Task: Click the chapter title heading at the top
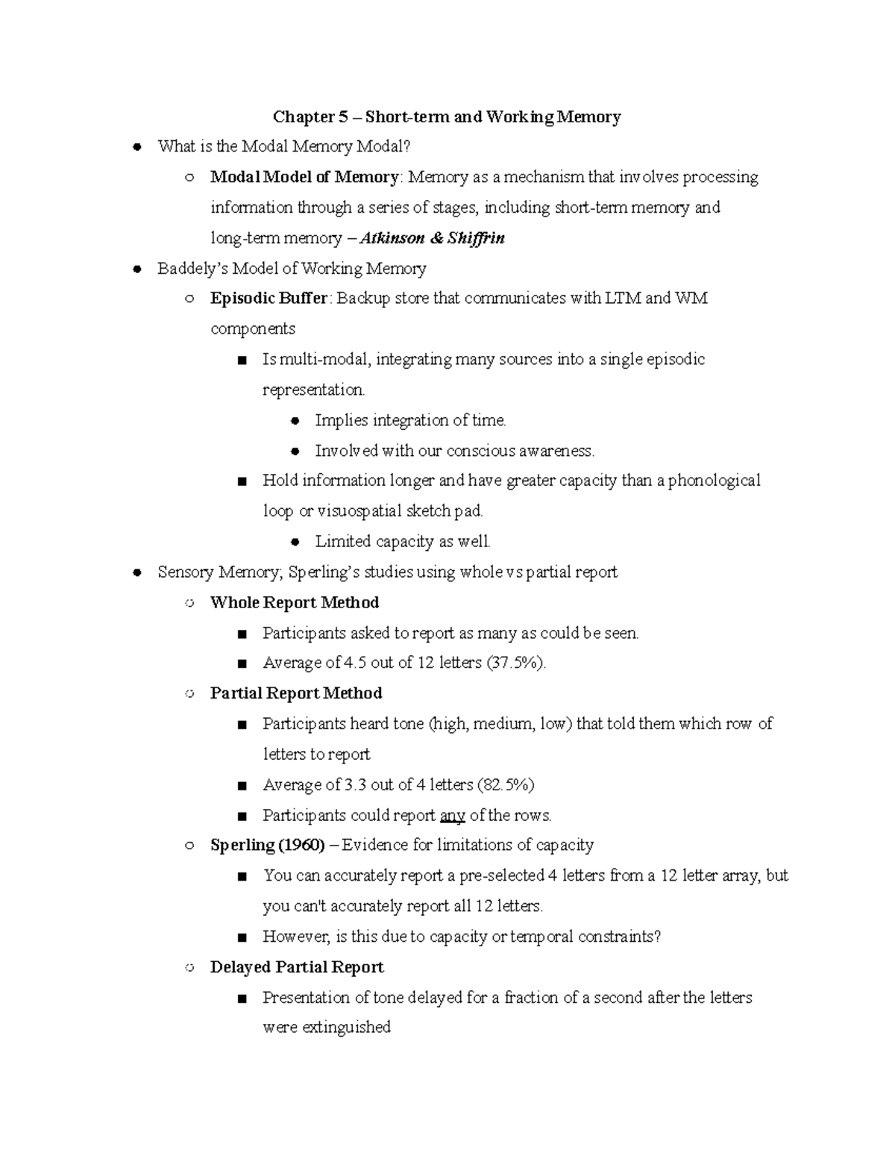[447, 116]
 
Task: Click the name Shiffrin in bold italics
[476, 238]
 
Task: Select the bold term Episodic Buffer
[268, 299]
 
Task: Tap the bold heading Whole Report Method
[295, 603]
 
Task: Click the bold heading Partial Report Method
[296, 693]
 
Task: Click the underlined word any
[453, 816]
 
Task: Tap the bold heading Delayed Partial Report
[297, 968]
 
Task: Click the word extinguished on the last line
[348, 1028]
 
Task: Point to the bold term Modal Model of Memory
[304, 178]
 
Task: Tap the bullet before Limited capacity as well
[295, 542]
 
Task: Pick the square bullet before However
[242, 937]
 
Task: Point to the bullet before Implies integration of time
[295, 421]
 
